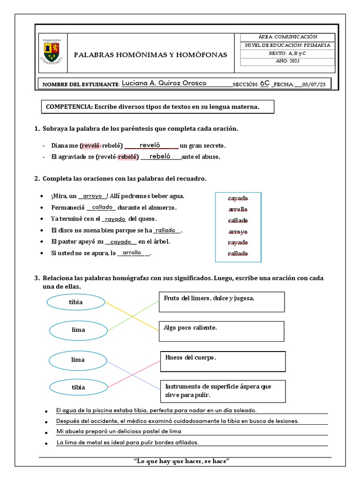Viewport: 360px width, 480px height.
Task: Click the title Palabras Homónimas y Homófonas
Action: [150, 55]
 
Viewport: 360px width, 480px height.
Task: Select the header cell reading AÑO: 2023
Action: [287, 61]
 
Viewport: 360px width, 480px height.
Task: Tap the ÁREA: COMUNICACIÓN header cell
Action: [287, 37]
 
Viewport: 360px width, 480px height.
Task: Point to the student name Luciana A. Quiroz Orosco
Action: [164, 83]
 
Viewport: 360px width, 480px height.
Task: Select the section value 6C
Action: [265, 83]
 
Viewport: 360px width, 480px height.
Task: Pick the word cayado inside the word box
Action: [238, 198]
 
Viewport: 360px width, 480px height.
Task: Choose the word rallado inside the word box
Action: [238, 254]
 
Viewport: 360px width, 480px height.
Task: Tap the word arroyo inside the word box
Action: [238, 232]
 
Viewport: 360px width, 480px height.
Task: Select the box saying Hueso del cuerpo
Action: [223, 361]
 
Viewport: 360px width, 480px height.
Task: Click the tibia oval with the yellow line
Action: [75, 302]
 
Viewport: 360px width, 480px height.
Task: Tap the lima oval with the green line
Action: [78, 330]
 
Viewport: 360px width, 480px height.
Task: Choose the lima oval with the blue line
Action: [78, 360]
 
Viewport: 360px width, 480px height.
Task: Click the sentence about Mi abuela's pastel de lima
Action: [119, 431]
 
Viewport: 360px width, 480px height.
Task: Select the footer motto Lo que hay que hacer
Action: [181, 461]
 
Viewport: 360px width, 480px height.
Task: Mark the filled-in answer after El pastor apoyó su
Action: [120, 242]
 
